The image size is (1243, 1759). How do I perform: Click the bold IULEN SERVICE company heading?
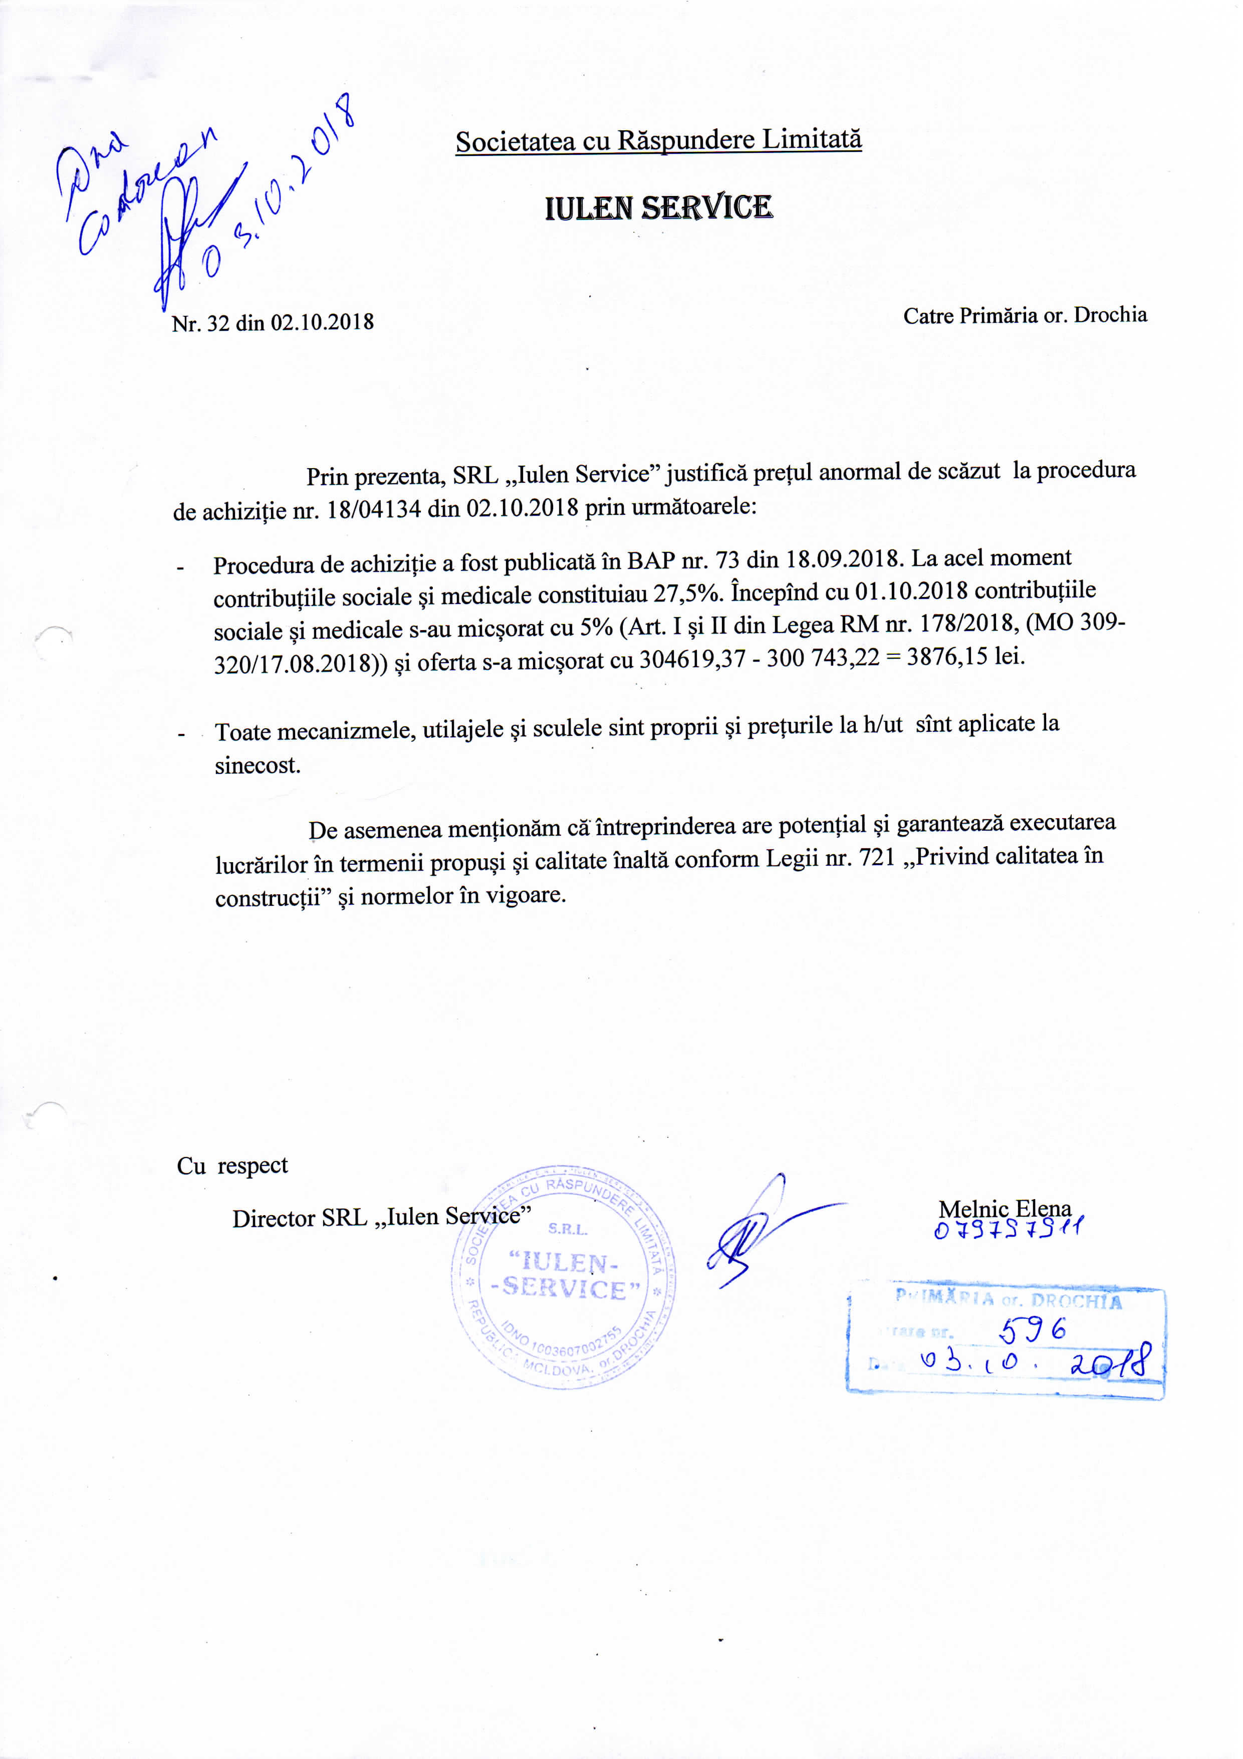[659, 208]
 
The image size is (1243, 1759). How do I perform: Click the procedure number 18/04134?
[374, 509]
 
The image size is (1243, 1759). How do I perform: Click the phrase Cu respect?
[232, 1165]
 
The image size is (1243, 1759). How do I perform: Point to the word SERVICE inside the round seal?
[565, 1289]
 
